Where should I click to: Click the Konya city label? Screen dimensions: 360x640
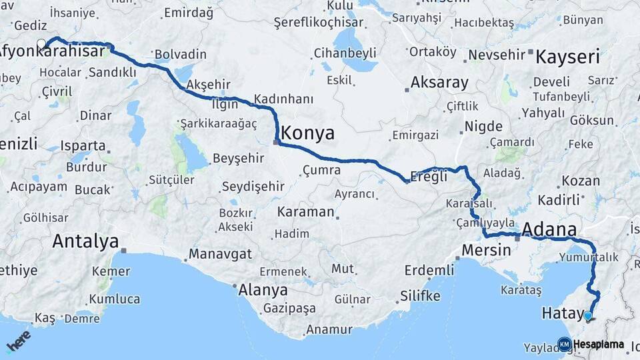click(x=308, y=133)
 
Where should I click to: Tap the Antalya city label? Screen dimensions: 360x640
click(x=85, y=241)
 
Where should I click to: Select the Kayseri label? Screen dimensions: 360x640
click(x=568, y=55)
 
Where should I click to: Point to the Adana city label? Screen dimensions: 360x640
click(x=549, y=230)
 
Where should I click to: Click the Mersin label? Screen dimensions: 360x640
click(x=486, y=251)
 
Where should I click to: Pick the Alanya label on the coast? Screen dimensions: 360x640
click(x=263, y=290)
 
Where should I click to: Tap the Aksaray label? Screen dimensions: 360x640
click(x=439, y=83)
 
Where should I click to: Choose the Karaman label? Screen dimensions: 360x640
click(x=305, y=212)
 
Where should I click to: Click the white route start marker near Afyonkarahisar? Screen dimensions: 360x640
click(x=41, y=44)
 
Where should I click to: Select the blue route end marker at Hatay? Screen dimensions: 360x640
click(x=587, y=316)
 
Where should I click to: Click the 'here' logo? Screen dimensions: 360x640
click(x=18, y=341)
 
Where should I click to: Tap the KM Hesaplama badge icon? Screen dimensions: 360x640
click(x=564, y=344)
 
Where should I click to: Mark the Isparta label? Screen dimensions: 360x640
click(x=83, y=145)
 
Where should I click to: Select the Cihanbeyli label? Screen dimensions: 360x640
click(x=345, y=53)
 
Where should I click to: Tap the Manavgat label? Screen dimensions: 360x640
click(x=220, y=254)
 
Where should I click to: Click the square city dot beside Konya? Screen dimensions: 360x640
click(x=276, y=141)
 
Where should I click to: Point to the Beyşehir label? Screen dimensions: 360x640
click(x=238, y=159)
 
